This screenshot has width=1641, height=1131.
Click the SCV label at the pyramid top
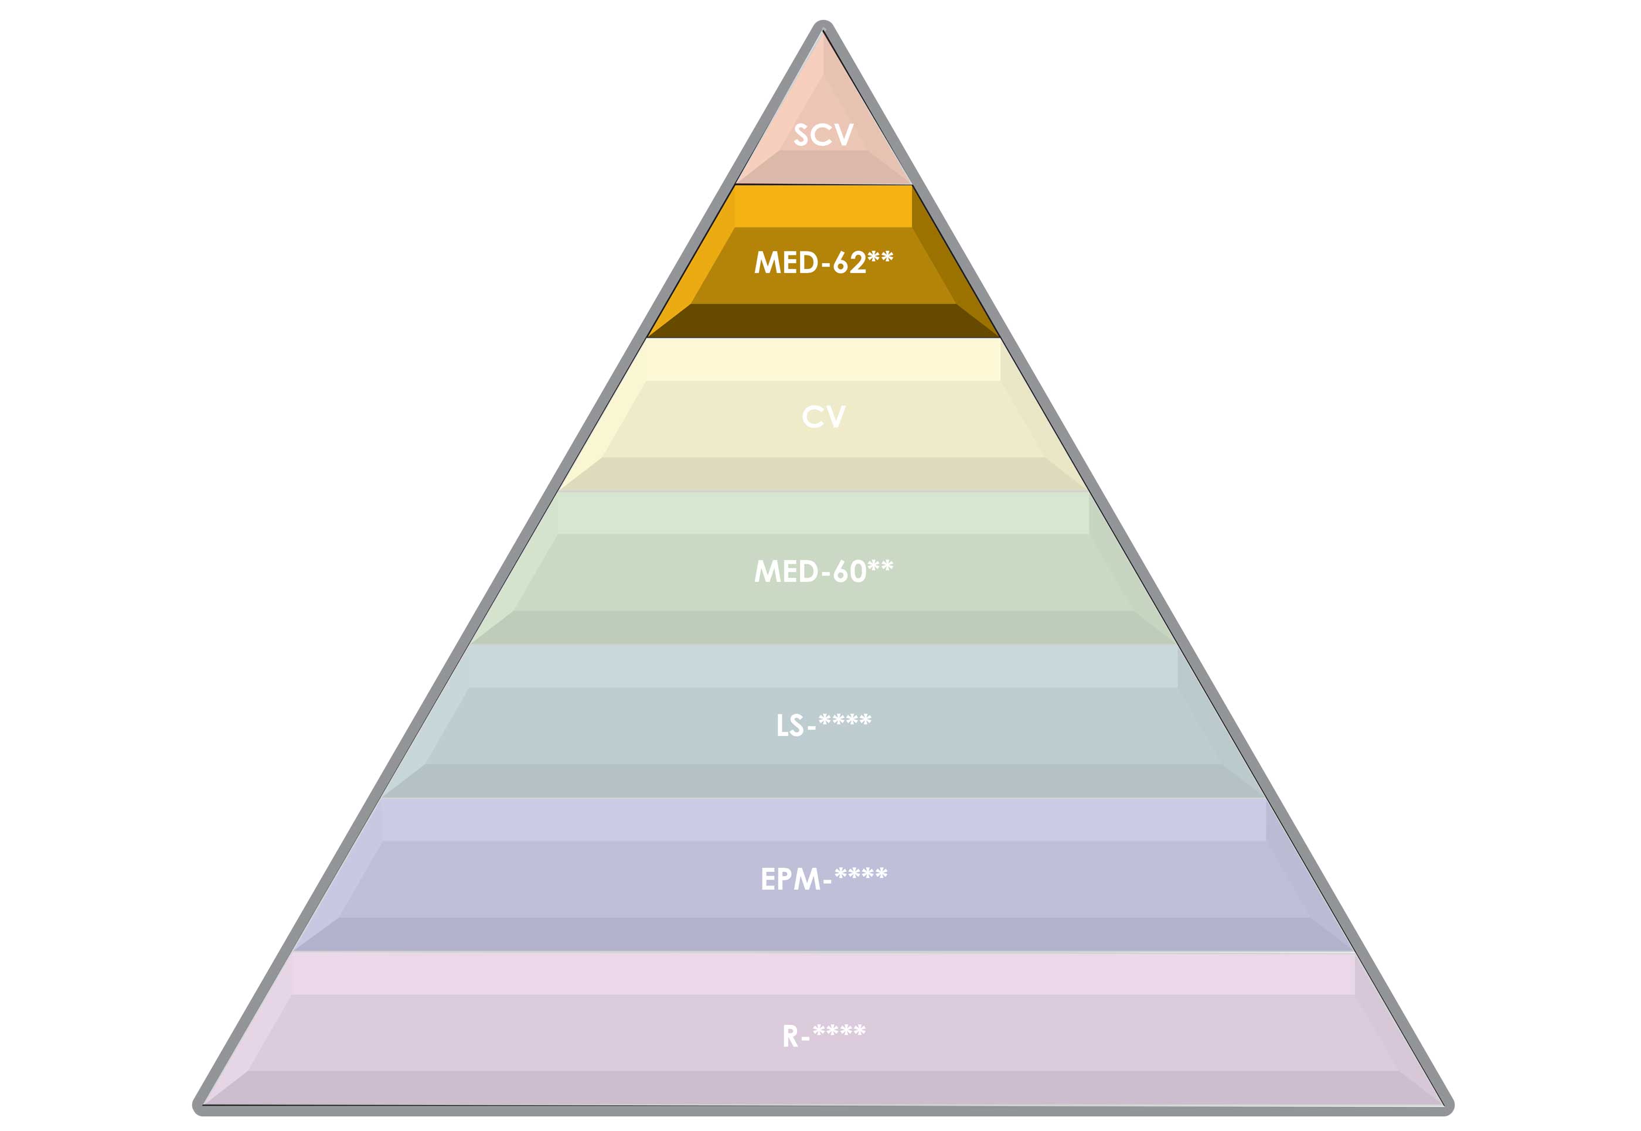click(823, 135)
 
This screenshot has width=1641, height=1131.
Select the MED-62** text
click(823, 263)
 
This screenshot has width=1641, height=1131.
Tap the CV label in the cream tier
click(823, 417)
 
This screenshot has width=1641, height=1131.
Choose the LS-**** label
click(823, 725)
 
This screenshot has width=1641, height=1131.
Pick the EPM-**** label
click(823, 878)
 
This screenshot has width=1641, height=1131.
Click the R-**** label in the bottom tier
click(823, 1035)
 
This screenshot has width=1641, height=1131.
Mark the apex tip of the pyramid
click(823, 27)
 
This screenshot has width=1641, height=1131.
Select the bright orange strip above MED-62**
click(823, 206)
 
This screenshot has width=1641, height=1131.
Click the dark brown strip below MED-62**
click(823, 321)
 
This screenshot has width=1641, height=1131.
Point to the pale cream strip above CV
click(823, 360)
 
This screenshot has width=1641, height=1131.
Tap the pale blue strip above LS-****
click(823, 667)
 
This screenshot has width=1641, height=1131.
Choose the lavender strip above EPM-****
click(823, 820)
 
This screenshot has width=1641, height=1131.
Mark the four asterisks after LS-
click(845, 721)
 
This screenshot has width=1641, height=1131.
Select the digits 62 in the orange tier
click(849, 263)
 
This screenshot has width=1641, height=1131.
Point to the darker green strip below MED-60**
click(823, 627)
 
